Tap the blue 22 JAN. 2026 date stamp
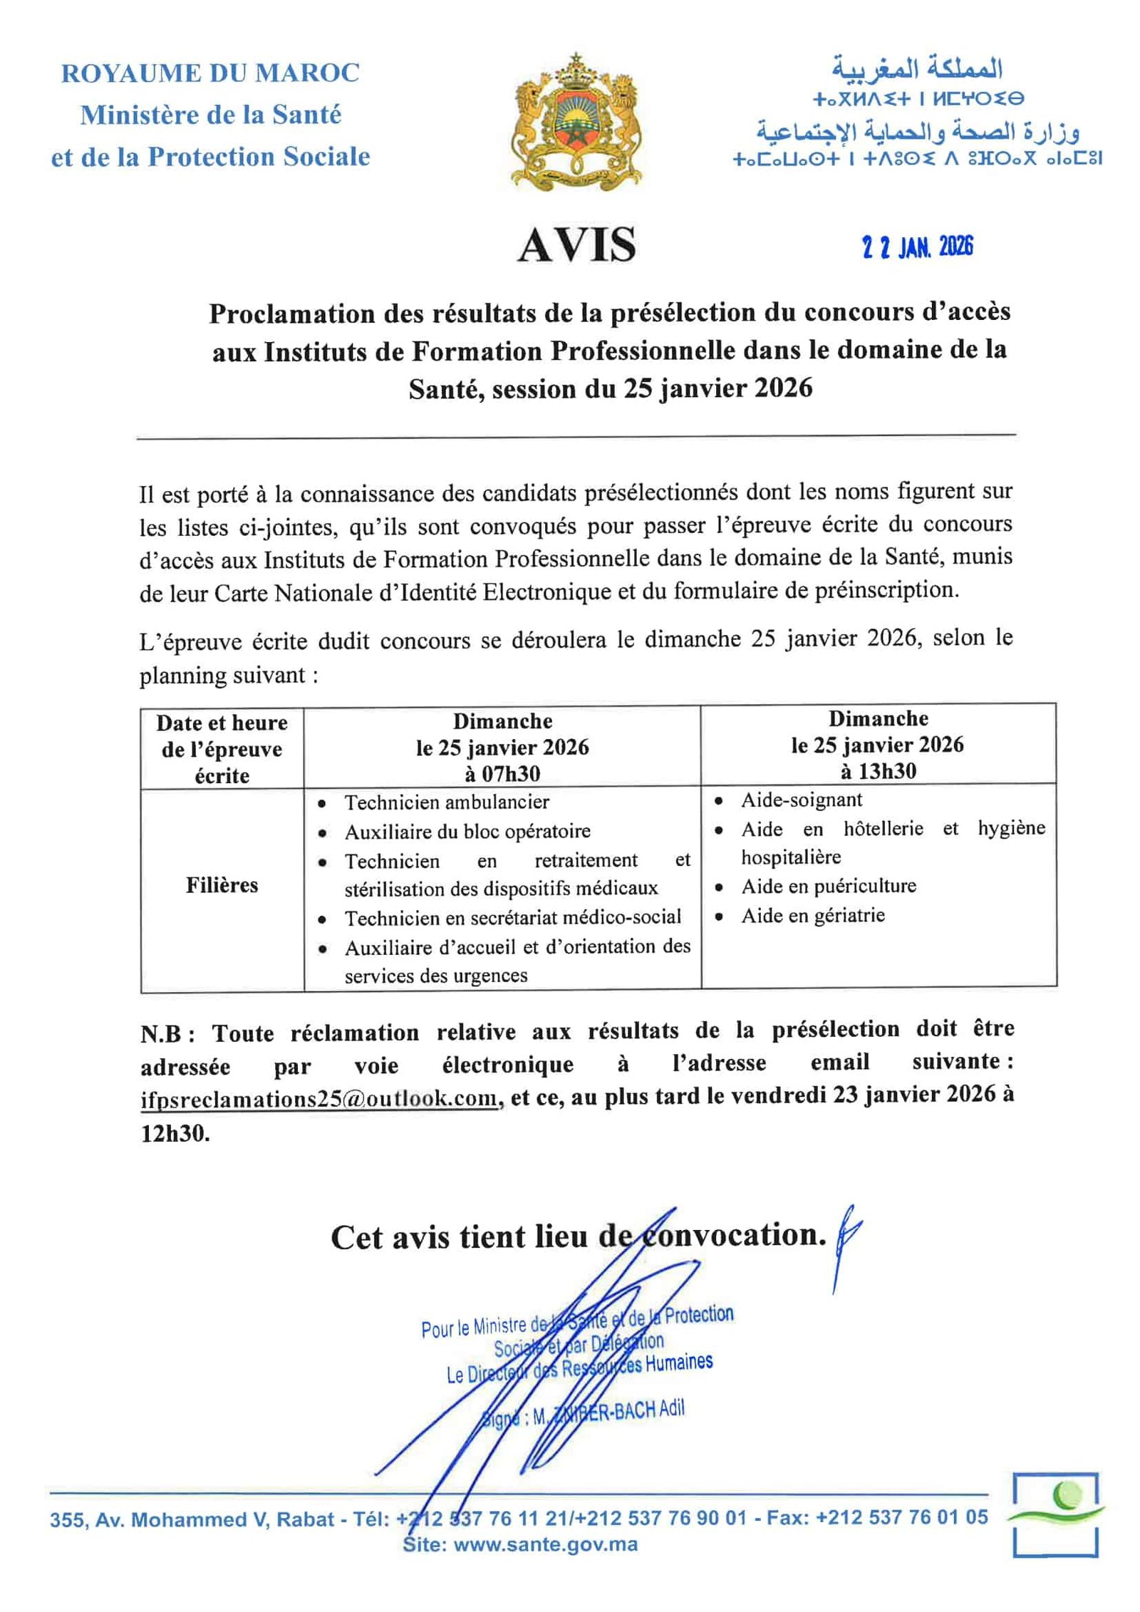917,247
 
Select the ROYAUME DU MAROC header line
210,73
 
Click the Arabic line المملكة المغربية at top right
917,69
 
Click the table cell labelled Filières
222,885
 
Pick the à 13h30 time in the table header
877,771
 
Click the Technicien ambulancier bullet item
447,802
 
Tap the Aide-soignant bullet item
801,800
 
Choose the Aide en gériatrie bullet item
812,915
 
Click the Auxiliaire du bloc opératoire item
467,832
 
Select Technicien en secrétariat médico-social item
512,917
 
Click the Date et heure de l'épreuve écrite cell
222,749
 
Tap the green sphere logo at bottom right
1069,1494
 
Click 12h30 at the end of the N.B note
175,1134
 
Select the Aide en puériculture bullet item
828,886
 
